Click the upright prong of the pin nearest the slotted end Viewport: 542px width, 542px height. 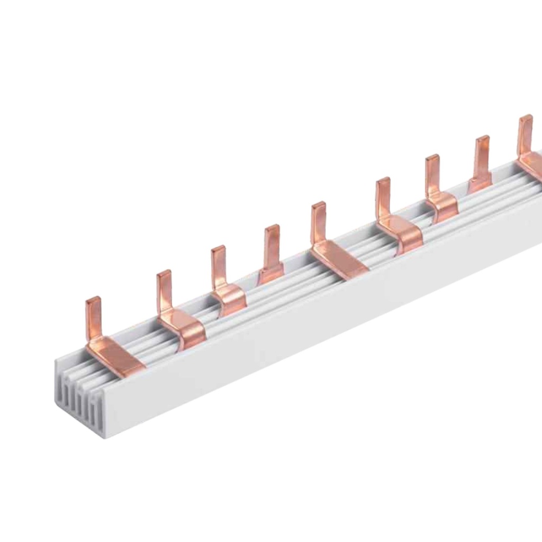[94, 318]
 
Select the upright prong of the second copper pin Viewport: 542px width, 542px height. [164, 291]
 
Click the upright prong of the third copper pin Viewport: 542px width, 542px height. [219, 267]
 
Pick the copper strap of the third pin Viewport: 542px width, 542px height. [231, 299]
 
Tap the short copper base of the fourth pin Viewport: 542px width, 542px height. [271, 274]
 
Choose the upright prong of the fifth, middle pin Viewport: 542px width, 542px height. [319, 222]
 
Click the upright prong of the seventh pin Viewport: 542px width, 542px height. [432, 175]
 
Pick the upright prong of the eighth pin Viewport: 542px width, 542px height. [482, 157]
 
